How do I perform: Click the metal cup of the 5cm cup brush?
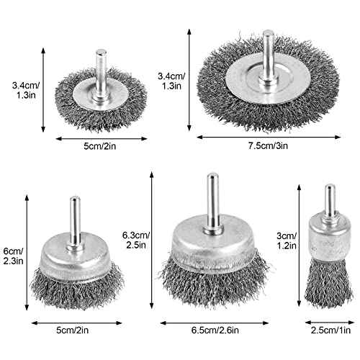pyautogui.click(x=74, y=252)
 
